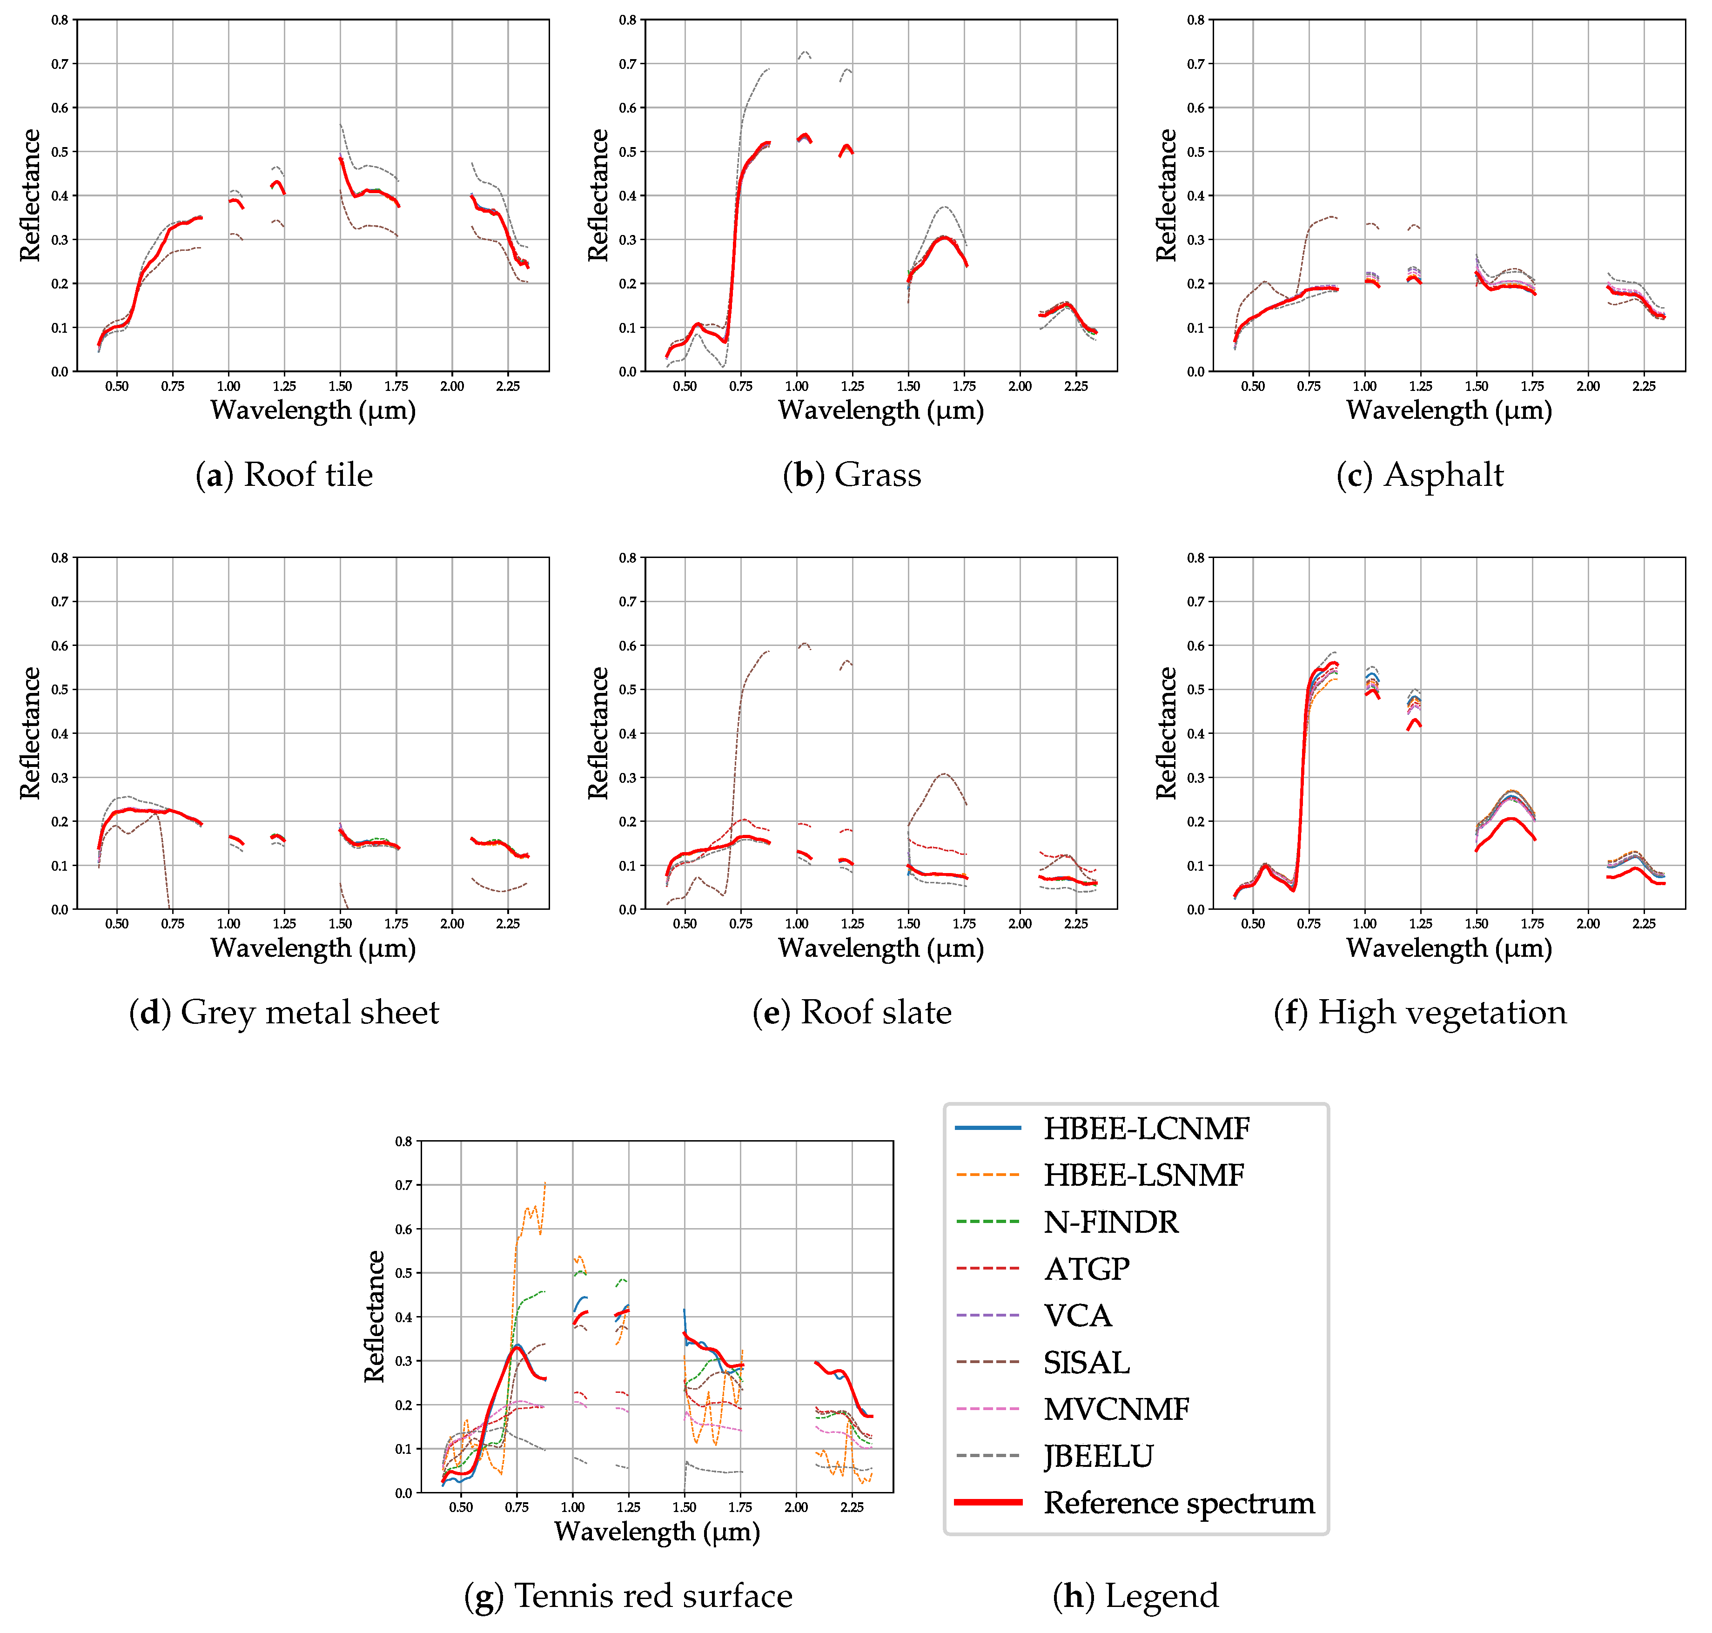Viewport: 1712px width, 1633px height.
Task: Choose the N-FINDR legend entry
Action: (1111, 1222)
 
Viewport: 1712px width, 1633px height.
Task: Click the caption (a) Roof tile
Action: (284, 474)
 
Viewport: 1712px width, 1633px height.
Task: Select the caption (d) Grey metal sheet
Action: (284, 1012)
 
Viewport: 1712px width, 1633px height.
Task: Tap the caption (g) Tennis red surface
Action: (628, 1596)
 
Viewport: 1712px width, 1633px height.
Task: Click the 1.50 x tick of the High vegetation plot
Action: (1476, 924)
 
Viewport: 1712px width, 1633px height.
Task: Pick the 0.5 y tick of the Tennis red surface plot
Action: (404, 1273)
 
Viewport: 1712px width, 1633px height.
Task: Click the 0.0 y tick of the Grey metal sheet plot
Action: (59, 910)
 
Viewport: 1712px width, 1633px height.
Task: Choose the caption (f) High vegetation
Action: (1420, 1012)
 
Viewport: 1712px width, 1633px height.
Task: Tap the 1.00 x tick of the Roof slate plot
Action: (796, 924)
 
